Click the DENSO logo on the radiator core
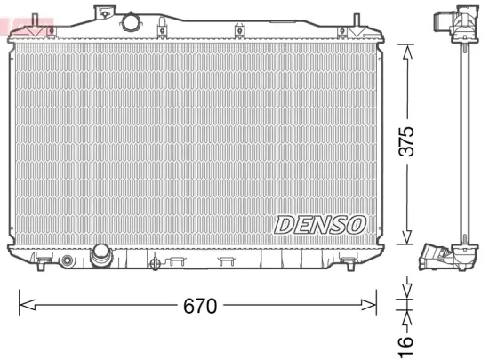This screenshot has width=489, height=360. point(320,224)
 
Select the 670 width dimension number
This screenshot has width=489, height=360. point(200,307)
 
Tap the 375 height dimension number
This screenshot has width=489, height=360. point(406,143)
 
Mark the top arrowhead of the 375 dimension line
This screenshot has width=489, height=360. point(406,50)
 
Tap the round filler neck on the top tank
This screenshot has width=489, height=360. point(132,20)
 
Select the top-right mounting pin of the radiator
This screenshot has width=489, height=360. point(357,20)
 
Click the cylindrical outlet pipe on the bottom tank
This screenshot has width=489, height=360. point(100,258)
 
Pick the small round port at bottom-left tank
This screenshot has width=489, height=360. point(66,260)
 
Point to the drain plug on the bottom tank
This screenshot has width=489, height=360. point(156,262)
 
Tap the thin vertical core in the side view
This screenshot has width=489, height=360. point(462,142)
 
